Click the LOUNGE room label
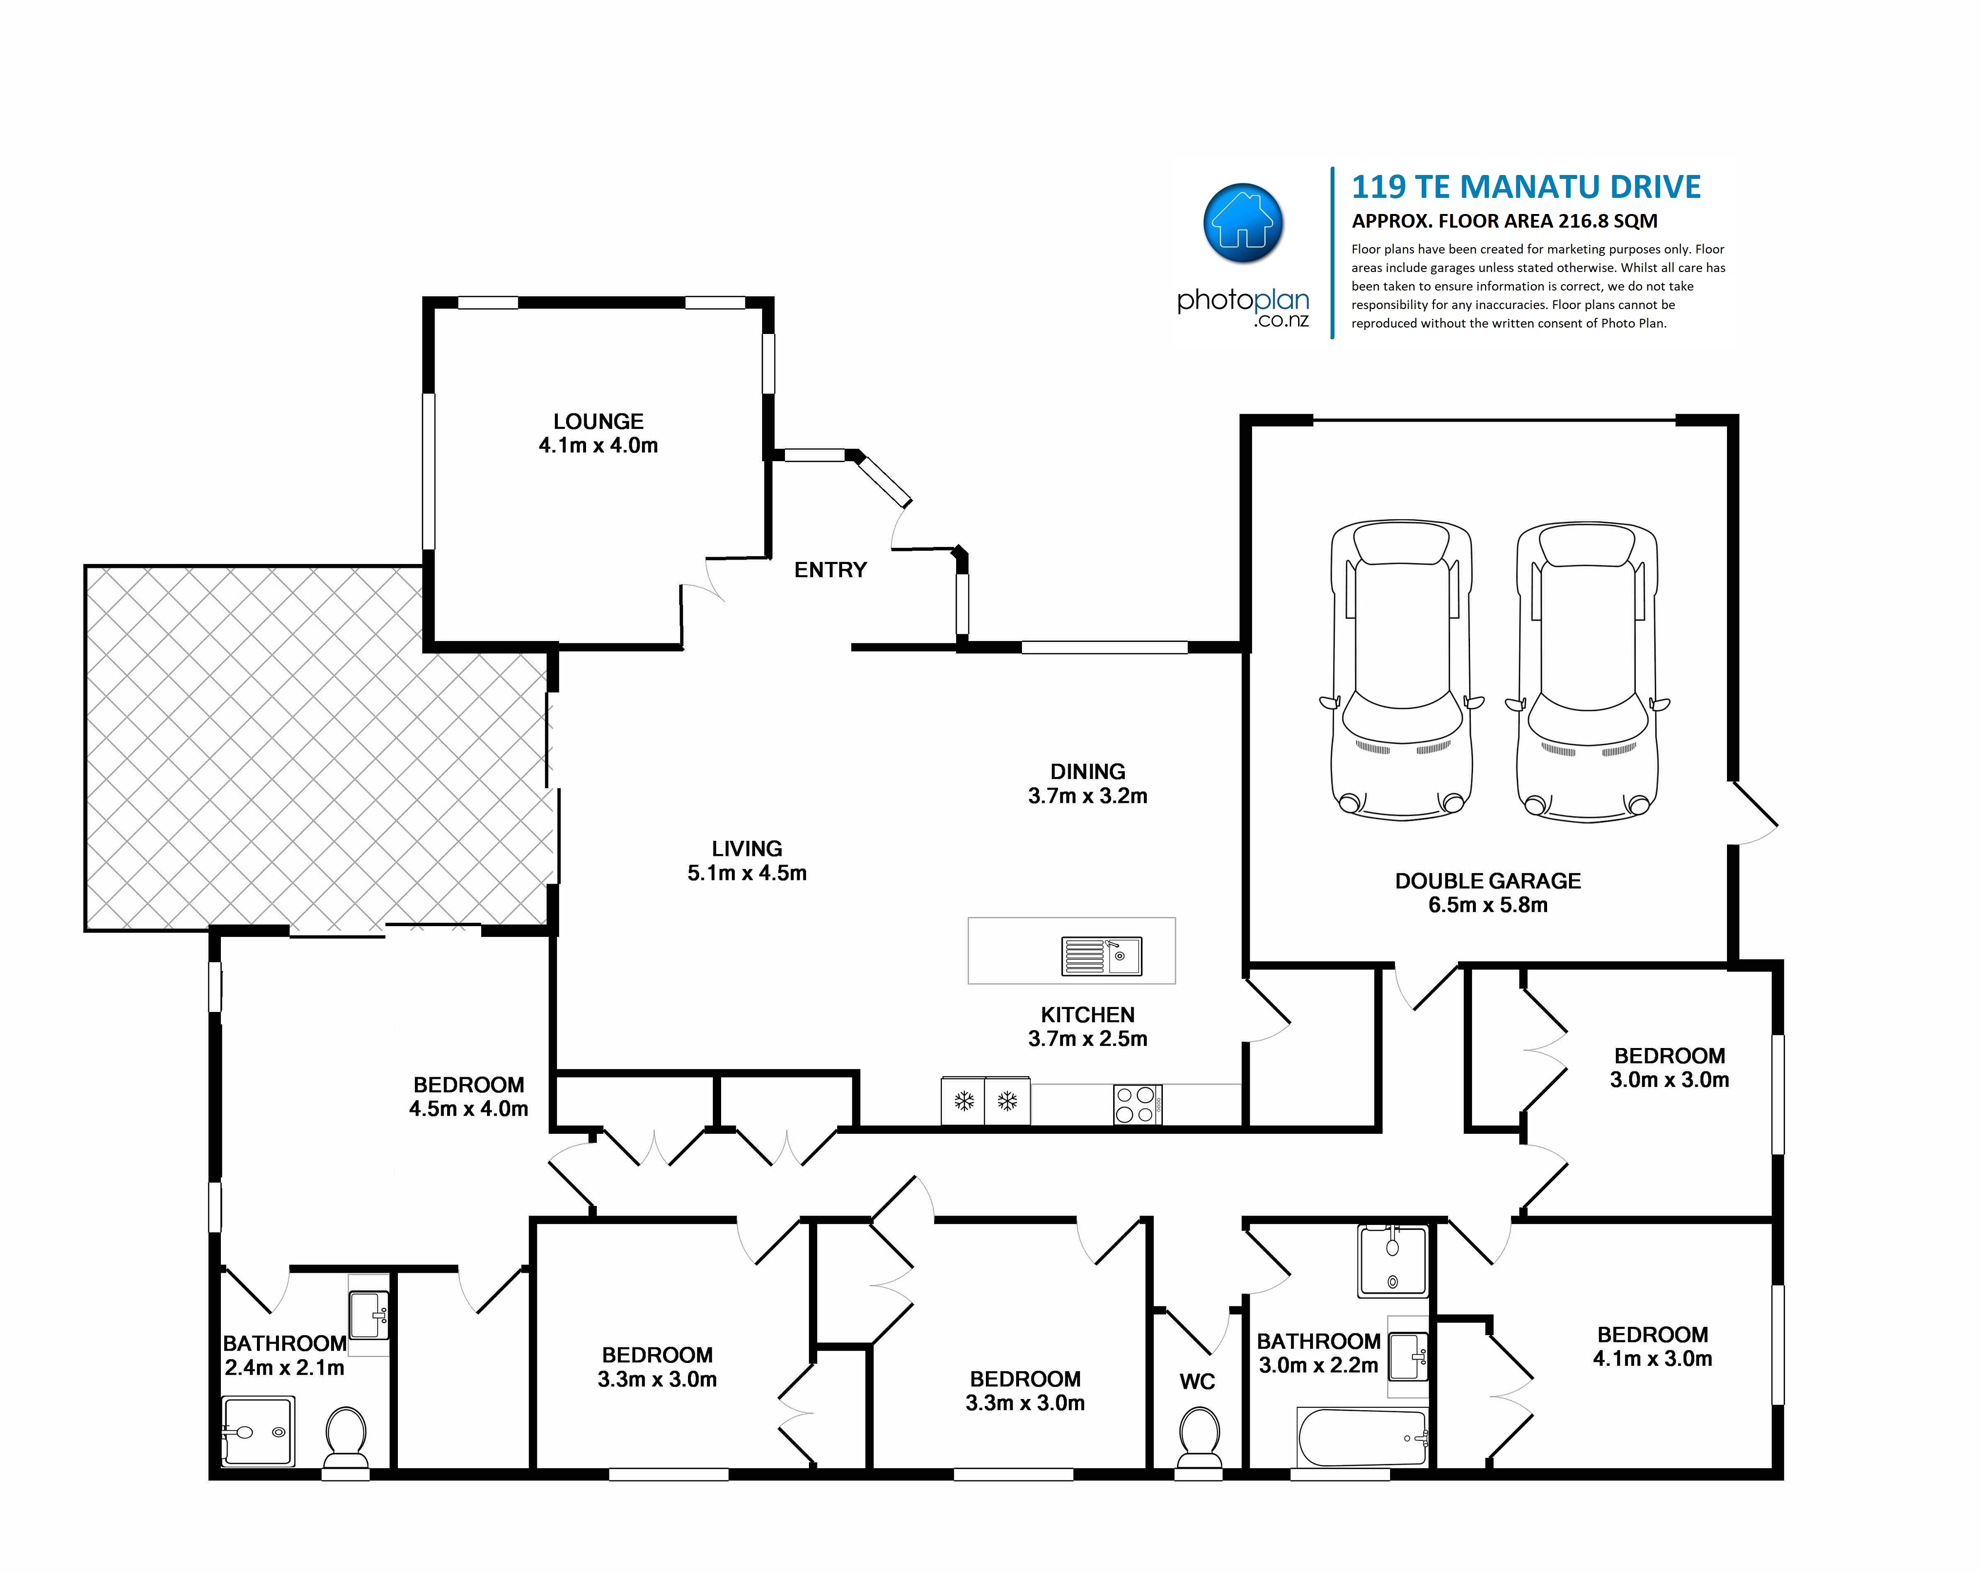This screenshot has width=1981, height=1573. (x=598, y=422)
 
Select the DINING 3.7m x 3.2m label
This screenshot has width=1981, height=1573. (x=1088, y=784)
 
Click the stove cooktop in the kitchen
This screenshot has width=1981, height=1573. (x=1138, y=1105)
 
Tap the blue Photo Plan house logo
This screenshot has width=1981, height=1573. (x=1243, y=223)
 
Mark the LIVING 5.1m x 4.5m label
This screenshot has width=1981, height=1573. (x=747, y=861)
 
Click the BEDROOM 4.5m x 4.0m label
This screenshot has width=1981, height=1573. (x=469, y=1097)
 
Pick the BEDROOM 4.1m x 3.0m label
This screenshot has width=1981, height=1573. (x=1652, y=1347)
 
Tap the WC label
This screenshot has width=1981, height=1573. (x=1197, y=1382)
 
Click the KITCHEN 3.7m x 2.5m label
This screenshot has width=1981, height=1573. (x=1088, y=1027)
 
